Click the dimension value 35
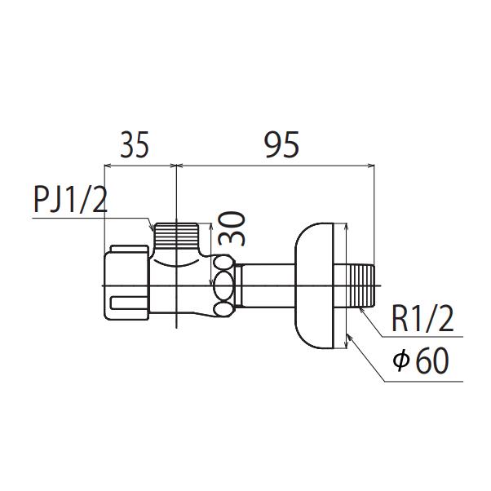(x=135, y=144)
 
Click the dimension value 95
(x=282, y=144)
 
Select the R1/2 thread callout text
(x=422, y=319)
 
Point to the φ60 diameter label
(x=421, y=361)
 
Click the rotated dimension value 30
(x=232, y=229)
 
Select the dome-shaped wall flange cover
(x=314, y=285)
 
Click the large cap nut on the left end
(x=126, y=283)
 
